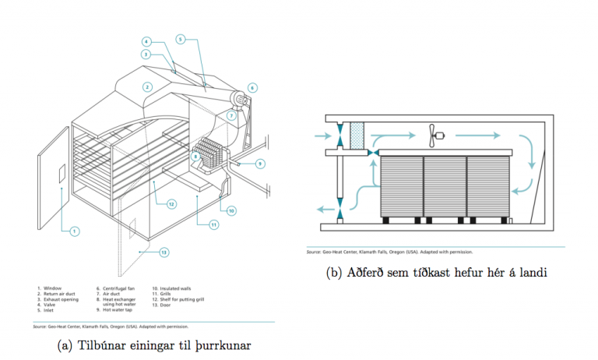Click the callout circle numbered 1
click(75, 231)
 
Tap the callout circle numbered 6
click(252, 87)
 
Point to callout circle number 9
click(260, 164)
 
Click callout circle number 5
click(180, 38)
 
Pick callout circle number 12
click(171, 204)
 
